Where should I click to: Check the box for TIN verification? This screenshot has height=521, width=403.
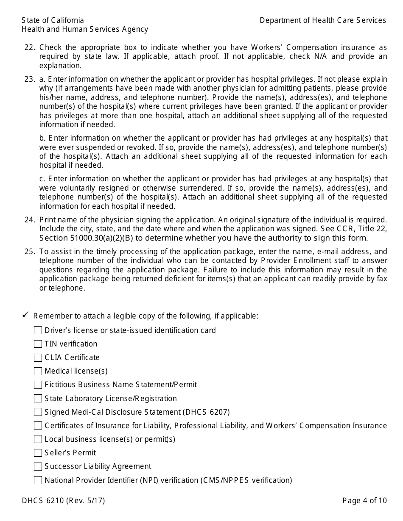coord(38,344)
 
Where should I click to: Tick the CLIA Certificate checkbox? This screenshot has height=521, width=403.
coord(38,357)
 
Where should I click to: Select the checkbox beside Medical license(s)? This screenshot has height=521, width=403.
coord(38,371)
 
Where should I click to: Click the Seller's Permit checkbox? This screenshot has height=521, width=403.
coord(38,453)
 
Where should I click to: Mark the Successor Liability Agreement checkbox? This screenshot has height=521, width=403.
coord(38,466)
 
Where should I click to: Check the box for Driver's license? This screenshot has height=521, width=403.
coord(38,330)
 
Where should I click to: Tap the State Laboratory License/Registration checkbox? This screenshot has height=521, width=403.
coord(38,399)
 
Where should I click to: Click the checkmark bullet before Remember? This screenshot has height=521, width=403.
coord(25,315)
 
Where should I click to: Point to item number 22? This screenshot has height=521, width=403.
coord(29,47)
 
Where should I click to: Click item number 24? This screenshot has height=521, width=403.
coord(29,220)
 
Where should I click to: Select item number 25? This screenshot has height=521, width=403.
coord(29,252)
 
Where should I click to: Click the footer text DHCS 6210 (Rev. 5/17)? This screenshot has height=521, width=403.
coord(63,501)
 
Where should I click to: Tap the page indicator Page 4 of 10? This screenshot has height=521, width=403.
coord(364,501)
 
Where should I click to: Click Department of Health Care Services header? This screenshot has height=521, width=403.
coord(322,20)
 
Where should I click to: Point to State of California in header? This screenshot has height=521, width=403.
coord(53,20)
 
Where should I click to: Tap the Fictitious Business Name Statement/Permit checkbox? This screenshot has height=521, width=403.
coord(38,385)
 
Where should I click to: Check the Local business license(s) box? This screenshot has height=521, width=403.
coord(38,439)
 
